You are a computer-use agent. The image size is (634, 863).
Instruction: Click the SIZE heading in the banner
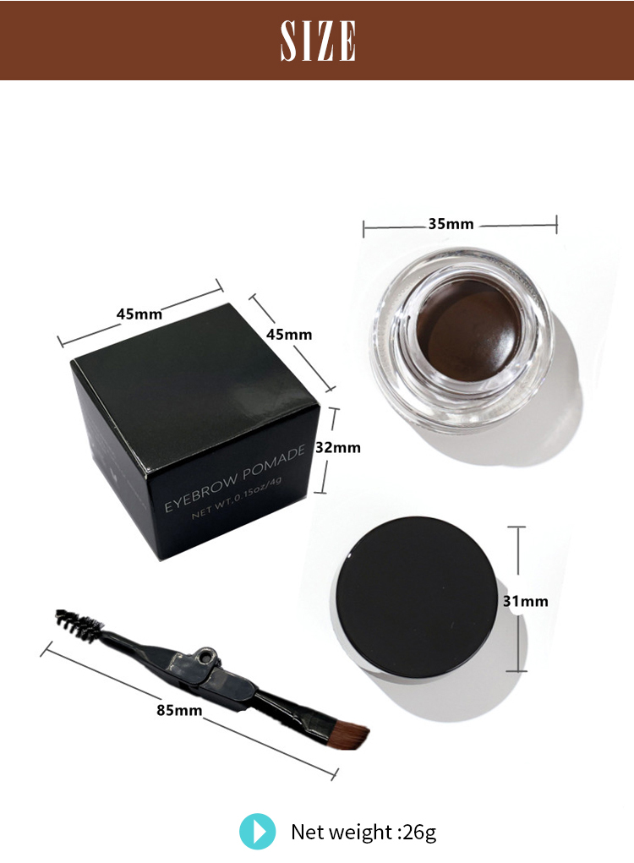[x=318, y=41]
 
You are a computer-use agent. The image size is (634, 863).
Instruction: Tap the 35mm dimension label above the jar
[x=451, y=224]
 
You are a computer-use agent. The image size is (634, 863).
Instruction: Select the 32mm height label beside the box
[x=338, y=448]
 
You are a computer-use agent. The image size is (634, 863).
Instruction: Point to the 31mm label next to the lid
[x=525, y=602]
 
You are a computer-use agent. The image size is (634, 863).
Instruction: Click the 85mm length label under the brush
[x=179, y=709]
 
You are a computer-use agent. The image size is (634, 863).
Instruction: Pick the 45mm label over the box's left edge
[x=139, y=314]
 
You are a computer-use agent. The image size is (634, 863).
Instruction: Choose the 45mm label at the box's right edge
[x=289, y=334]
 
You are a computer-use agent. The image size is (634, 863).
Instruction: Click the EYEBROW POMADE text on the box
[x=233, y=480]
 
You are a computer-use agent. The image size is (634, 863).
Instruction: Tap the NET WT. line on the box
[x=241, y=503]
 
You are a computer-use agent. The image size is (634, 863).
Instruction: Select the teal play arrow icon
[x=257, y=831]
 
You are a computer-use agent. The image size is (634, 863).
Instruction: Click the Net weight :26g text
[x=363, y=832]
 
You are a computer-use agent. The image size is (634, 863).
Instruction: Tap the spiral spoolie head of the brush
[x=77, y=623]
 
